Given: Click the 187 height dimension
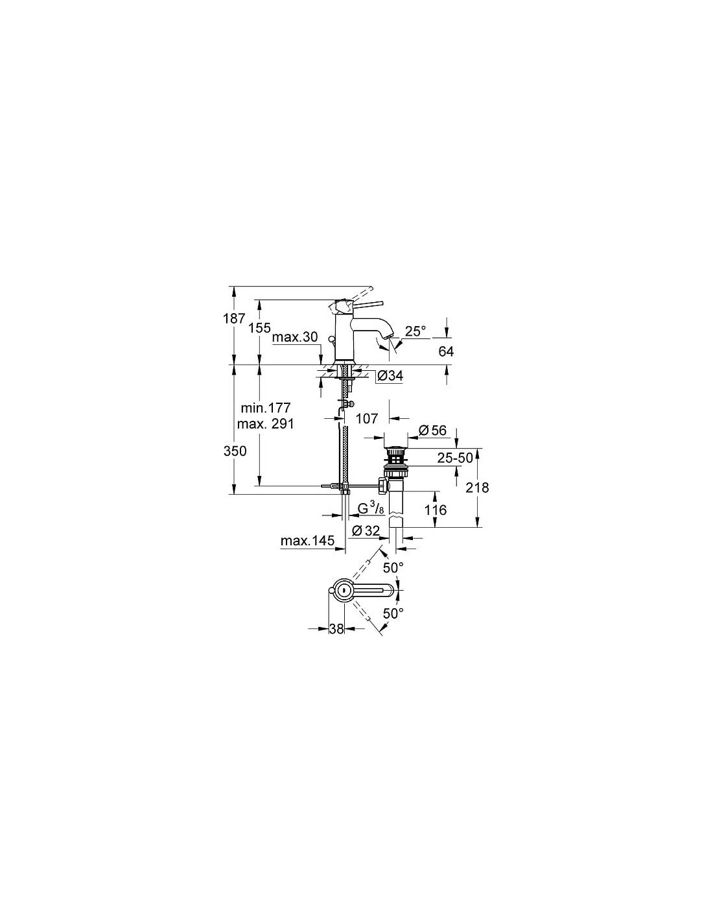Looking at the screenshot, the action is point(235,318).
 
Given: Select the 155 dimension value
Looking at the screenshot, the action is point(259,328).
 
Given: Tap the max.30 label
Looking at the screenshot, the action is point(295,337).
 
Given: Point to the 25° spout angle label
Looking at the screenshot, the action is point(415,331).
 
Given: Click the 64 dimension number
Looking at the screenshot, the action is point(445,351).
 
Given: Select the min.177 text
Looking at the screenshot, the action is point(266,408).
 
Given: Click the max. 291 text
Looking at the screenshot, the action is point(266,423).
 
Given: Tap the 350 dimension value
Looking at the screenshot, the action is point(235,451).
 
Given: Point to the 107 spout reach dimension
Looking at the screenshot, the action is point(367,419).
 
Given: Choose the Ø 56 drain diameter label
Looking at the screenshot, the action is point(432,431).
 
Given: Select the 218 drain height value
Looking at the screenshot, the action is point(477,488).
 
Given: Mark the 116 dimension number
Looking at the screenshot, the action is point(436,510).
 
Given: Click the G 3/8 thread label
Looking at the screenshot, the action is point(371,508).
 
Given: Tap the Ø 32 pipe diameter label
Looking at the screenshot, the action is point(366,530).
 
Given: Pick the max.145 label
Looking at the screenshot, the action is point(307,541).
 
